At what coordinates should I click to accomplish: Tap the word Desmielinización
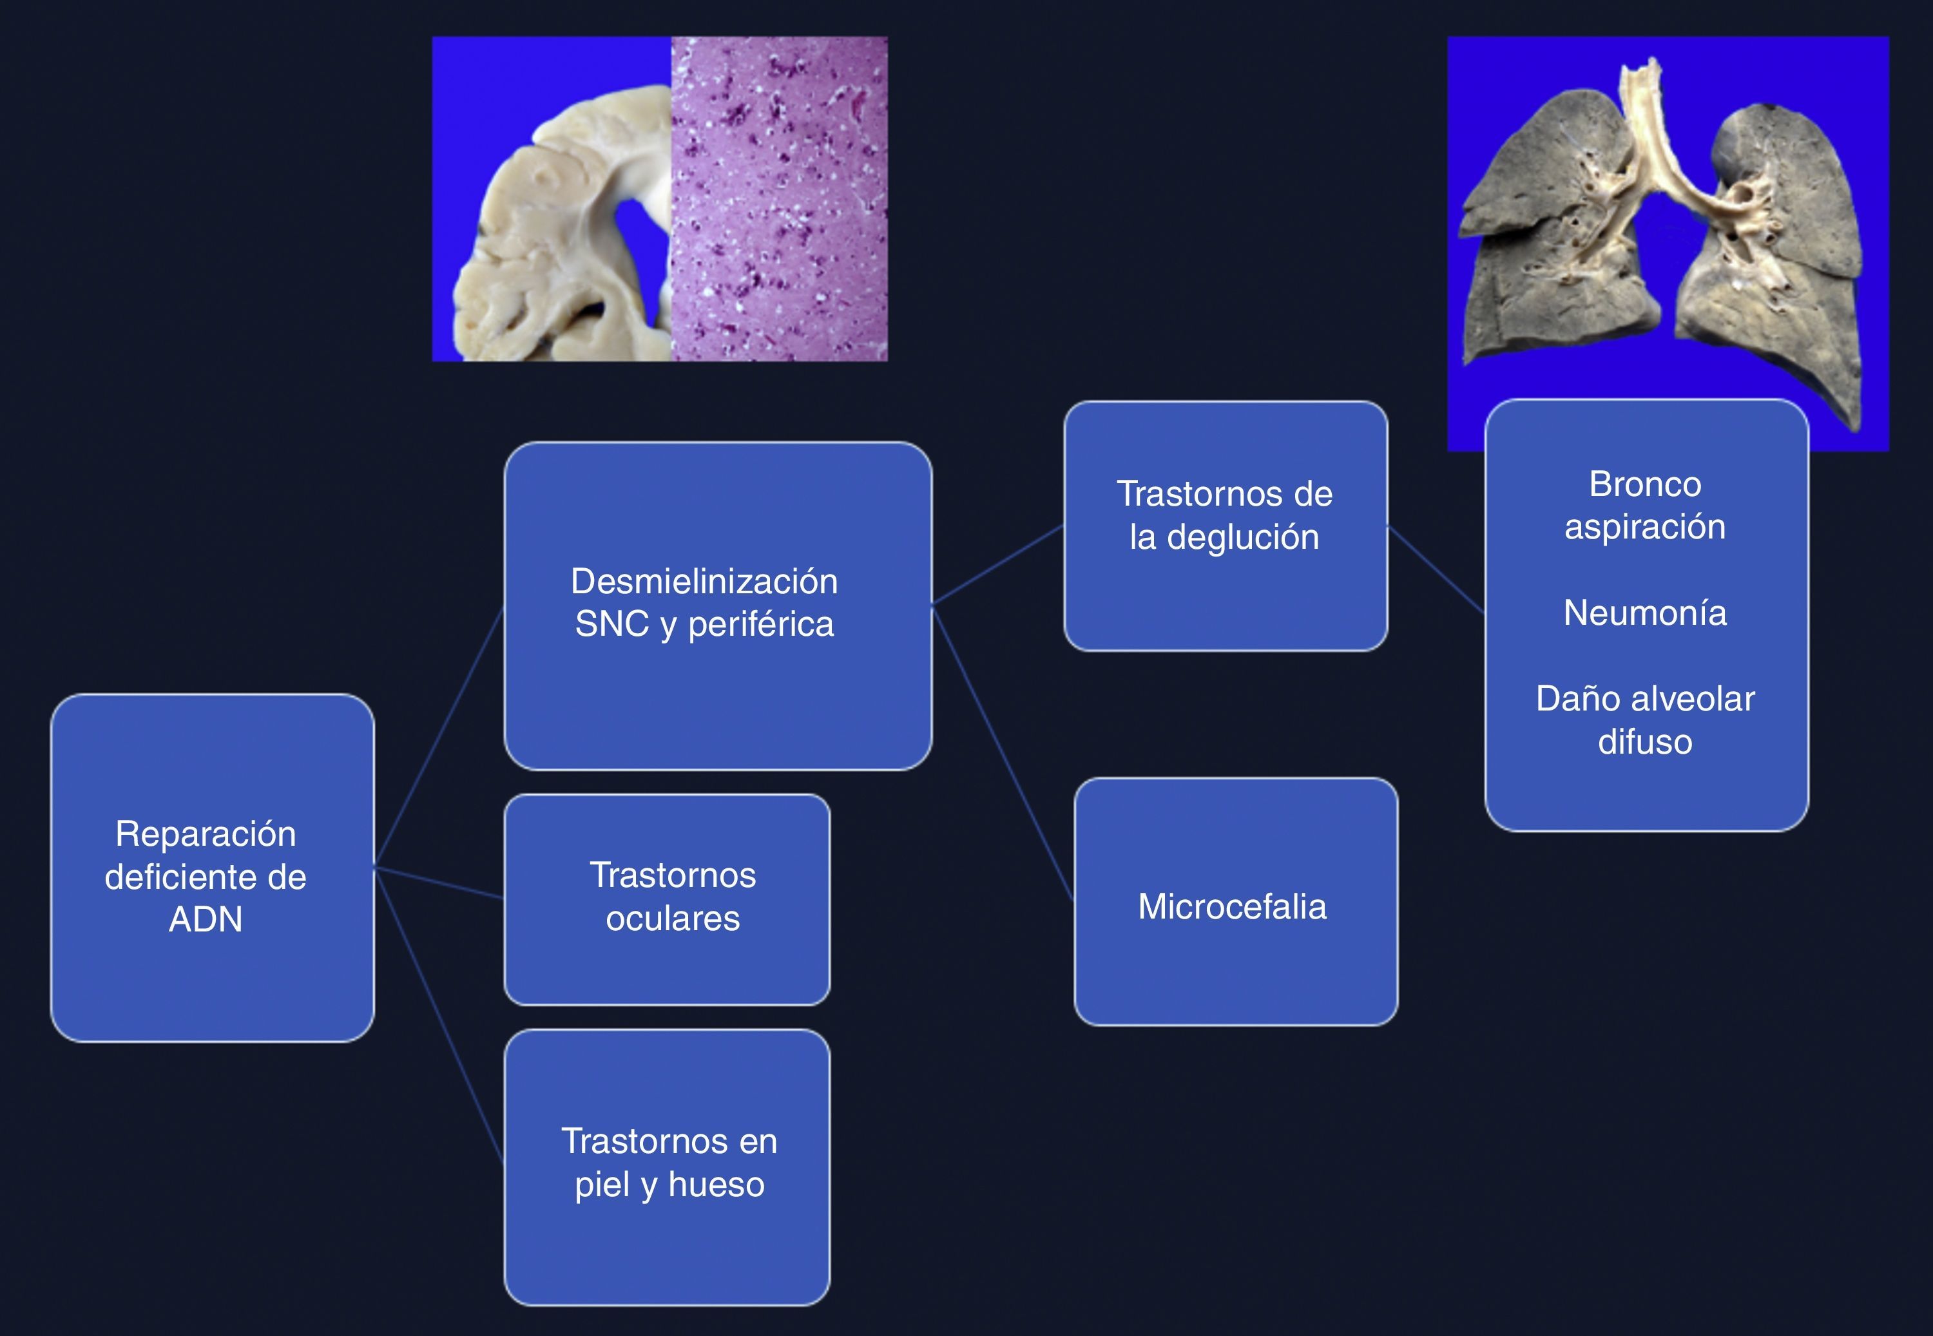[704, 581]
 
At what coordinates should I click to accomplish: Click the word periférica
[760, 624]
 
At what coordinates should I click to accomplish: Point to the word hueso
[716, 1185]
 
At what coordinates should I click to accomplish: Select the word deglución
[1242, 537]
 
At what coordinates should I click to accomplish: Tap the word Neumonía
[1644, 613]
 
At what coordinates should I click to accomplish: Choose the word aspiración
[1644, 526]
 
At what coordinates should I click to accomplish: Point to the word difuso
[1644, 741]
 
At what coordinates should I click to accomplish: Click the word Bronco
[1644, 484]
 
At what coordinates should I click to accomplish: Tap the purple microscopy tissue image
[778, 198]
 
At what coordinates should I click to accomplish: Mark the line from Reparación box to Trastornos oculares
[439, 883]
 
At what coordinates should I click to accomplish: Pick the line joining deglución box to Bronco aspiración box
[1436, 569]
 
